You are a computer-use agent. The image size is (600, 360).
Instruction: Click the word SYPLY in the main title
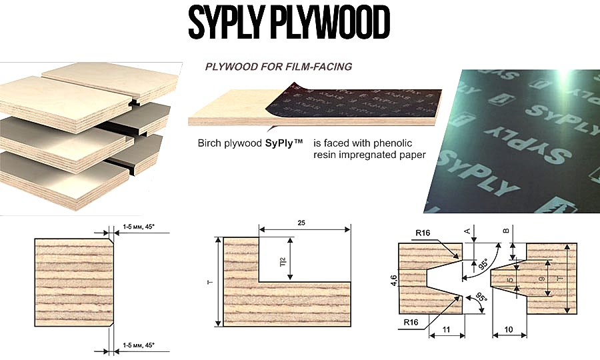tap(225, 25)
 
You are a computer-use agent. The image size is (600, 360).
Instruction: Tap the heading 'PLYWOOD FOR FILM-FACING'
tap(278, 67)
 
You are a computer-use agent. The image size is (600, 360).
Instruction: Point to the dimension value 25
tap(305, 222)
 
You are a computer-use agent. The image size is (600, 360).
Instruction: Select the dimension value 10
tap(509, 329)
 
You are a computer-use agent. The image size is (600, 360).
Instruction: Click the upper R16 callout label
tap(422, 233)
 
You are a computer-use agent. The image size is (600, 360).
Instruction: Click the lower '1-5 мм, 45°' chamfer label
tap(138, 345)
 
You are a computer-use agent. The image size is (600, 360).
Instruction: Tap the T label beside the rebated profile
tap(211, 282)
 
